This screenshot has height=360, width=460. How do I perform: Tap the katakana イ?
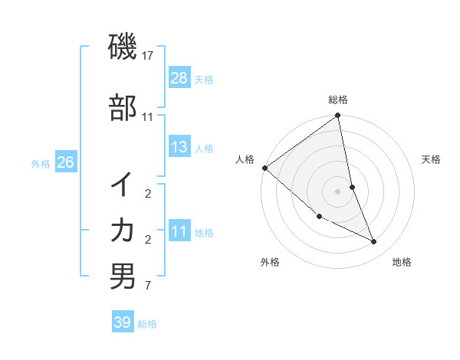pos(122,186)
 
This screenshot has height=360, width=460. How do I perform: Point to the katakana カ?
pos(122,231)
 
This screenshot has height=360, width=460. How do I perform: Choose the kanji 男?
pos(122,276)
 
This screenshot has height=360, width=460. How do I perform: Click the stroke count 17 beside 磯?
pos(148,56)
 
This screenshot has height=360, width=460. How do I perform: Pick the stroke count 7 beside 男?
pos(147,286)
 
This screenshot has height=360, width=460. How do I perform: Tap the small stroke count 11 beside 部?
pos(148,117)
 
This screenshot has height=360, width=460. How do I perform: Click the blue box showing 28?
pos(179,77)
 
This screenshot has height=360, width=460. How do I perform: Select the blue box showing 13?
pos(179,147)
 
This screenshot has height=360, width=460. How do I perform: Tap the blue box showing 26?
pos(65,162)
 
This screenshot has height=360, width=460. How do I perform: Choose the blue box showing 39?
pos(123,322)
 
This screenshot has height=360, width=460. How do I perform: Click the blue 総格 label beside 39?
pos(147,324)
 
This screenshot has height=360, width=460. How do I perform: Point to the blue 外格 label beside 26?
pos(41,164)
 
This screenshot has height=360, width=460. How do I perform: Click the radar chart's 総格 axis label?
pos(338,100)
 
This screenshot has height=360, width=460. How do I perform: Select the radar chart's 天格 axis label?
pos(431,159)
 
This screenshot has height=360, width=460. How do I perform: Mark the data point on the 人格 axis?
pos(264,168)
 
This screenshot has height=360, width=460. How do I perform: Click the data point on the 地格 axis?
pos(374,241)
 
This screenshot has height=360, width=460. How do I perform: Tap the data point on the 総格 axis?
pos(337,116)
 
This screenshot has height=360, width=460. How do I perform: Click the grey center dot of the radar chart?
pos(337,191)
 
